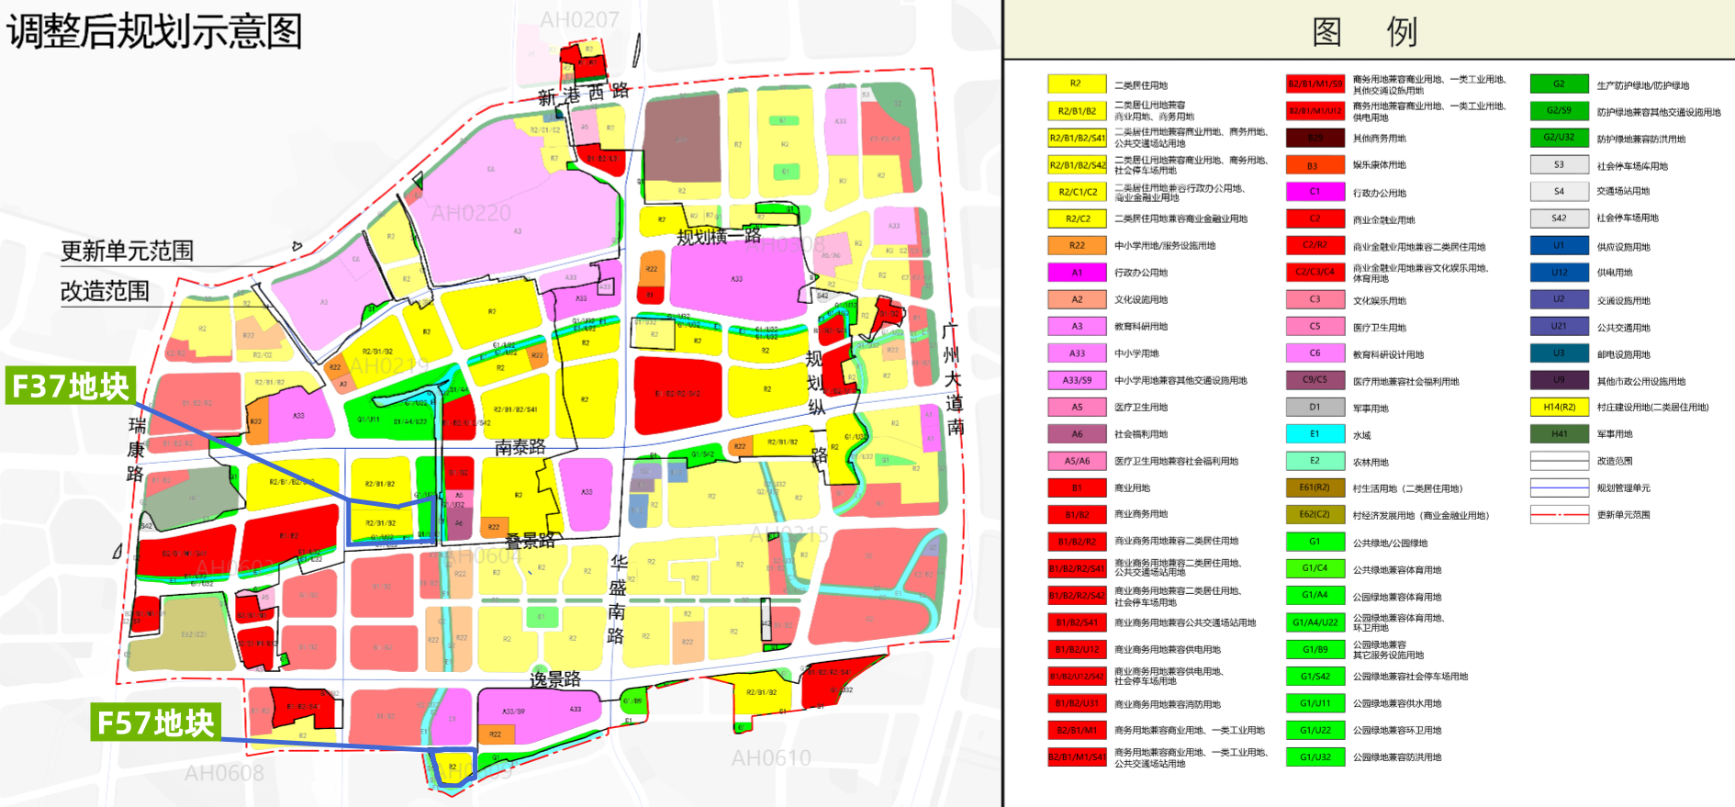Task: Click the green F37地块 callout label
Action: click(71, 386)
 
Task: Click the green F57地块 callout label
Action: click(156, 723)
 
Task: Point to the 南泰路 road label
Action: click(520, 447)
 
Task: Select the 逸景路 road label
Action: click(555, 679)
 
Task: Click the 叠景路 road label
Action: click(531, 541)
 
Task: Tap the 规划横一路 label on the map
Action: click(719, 237)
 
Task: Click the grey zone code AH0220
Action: click(471, 213)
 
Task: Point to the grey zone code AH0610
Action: click(770, 758)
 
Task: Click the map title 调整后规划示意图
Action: click(154, 31)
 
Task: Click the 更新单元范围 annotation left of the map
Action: click(127, 251)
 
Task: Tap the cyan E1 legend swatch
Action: click(1315, 434)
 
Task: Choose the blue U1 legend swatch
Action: click(1559, 246)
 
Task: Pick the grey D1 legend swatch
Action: click(1315, 407)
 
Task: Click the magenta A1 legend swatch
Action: click(1077, 273)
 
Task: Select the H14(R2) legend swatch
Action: click(1559, 407)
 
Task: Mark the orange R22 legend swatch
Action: click(1077, 245)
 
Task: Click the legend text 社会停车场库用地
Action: click(1631, 166)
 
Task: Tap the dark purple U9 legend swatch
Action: click(1559, 380)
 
